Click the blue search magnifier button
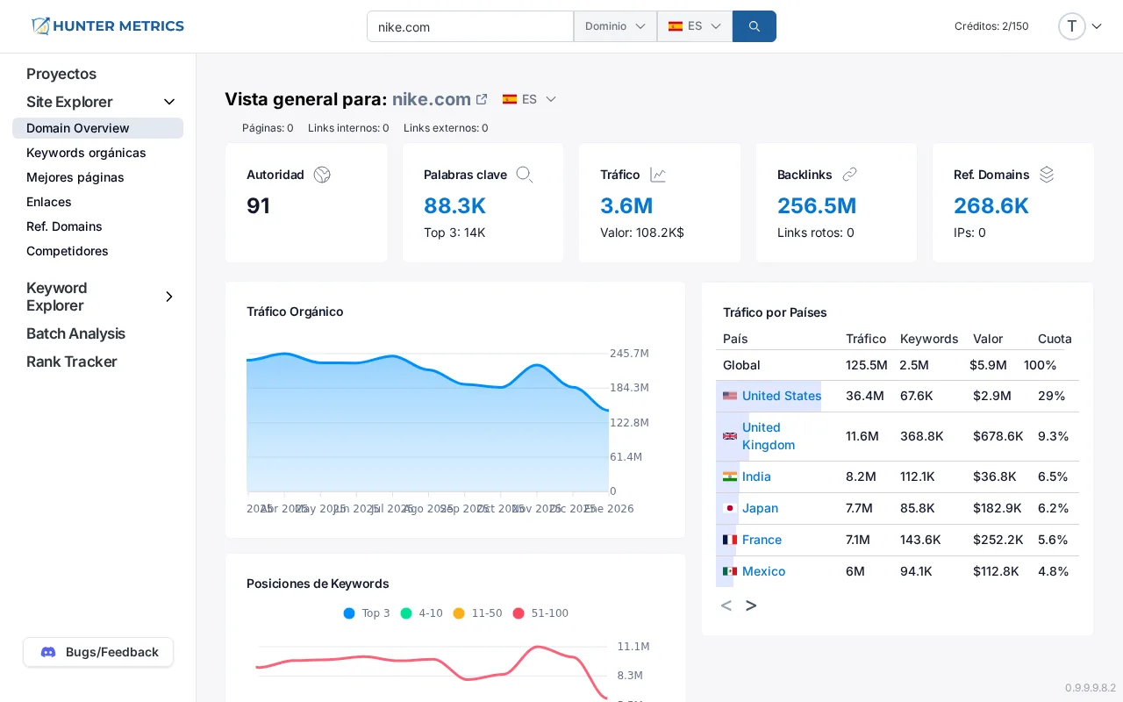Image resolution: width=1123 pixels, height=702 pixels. click(754, 26)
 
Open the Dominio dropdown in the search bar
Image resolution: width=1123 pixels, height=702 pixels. click(615, 26)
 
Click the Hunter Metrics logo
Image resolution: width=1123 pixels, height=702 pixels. click(108, 26)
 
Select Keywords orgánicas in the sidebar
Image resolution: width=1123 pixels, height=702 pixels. click(86, 153)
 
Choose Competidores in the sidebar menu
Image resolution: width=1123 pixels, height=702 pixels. click(68, 251)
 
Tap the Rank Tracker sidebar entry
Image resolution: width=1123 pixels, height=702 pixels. click(72, 362)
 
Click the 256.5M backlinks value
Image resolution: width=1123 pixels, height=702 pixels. click(816, 206)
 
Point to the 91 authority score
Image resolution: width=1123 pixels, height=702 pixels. click(258, 206)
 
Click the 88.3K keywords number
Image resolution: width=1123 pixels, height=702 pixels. click(454, 206)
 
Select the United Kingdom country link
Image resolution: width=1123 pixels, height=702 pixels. click(768, 436)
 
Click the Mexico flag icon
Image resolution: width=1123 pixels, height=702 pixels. click(730, 571)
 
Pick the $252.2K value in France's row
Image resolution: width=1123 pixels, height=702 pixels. click(998, 540)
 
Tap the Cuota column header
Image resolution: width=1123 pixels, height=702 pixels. click(1055, 339)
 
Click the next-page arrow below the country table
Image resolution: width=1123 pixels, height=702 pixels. click(751, 605)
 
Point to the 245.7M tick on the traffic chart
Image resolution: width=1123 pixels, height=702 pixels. click(629, 354)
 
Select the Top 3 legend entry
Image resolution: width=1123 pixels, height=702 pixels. click(367, 613)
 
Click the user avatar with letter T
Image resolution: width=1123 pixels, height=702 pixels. click(1071, 26)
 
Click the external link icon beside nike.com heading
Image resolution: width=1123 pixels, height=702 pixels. click(482, 99)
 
